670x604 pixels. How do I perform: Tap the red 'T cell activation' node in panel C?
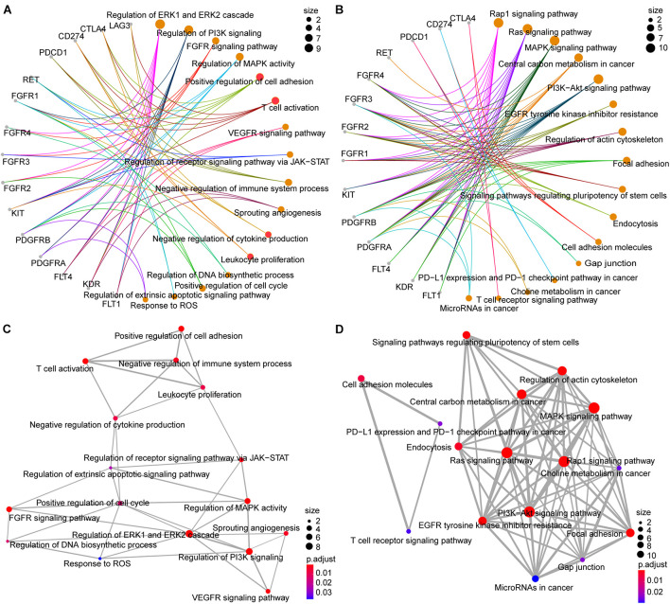click(x=86, y=360)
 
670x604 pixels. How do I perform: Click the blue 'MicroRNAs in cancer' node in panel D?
click(x=535, y=578)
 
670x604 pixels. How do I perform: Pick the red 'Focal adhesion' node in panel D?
click(x=630, y=534)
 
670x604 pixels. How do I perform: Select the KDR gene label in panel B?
click(x=404, y=287)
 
